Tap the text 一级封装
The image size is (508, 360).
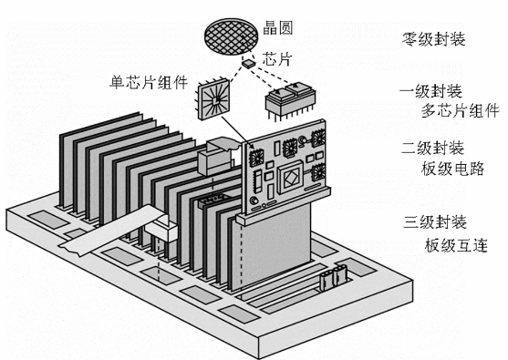[433, 92]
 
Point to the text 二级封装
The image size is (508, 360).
[433, 148]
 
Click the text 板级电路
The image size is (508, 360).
[454, 168]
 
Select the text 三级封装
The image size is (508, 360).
[433, 222]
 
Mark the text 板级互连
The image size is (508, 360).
[454, 243]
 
